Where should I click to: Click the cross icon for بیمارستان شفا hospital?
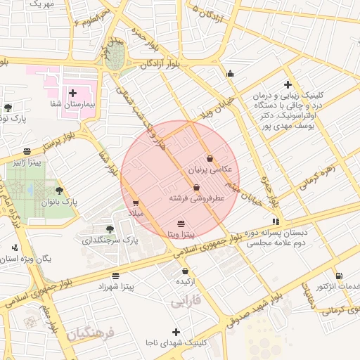pyautogui.click(x=73, y=93)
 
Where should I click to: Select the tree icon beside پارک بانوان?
pyautogui.click(x=58, y=191)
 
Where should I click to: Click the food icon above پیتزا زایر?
pyautogui.click(x=27, y=151)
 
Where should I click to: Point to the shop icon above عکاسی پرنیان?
pyautogui.click(x=210, y=158)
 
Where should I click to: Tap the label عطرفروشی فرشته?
pyautogui.click(x=196, y=199)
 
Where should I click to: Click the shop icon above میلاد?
pyautogui.click(x=136, y=202)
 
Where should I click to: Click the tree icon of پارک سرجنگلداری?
pyautogui.click(x=109, y=229)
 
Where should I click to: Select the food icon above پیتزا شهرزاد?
pyautogui.click(x=115, y=275)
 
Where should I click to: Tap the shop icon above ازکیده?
pyautogui.click(x=185, y=271)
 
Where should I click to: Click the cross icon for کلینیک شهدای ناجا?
pyautogui.click(x=176, y=331)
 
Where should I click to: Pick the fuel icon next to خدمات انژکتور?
pyautogui.click(x=340, y=276)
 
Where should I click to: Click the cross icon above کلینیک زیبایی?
pyautogui.click(x=288, y=84)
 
